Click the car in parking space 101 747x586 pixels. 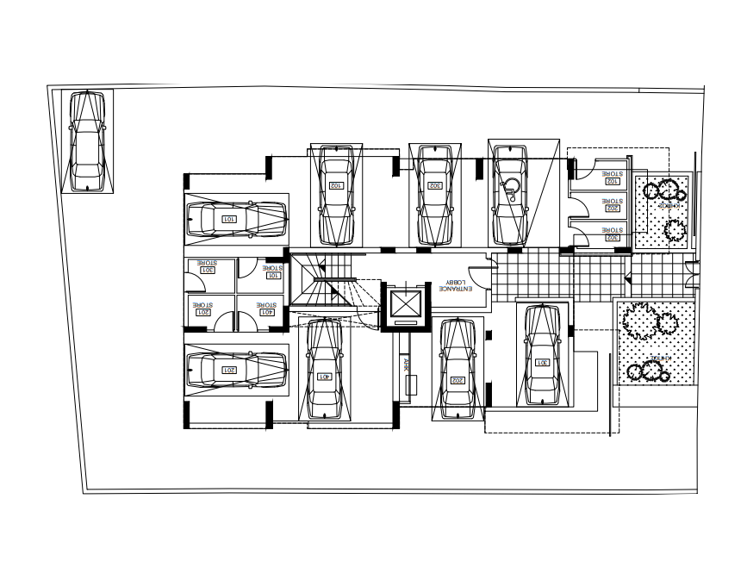(236, 219)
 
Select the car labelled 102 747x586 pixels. (336, 196)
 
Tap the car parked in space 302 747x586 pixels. (435, 196)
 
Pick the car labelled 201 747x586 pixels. (236, 371)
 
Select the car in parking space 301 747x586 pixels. (542, 357)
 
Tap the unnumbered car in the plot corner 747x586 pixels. (87, 142)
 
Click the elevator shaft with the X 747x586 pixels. (404, 304)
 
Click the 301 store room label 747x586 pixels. (207, 270)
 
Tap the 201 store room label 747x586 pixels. (202, 312)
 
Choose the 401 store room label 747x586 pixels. (266, 312)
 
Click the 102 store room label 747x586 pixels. (613, 181)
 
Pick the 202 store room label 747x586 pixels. (613, 208)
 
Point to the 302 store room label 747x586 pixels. (613, 236)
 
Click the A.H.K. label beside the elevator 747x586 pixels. (407, 365)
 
